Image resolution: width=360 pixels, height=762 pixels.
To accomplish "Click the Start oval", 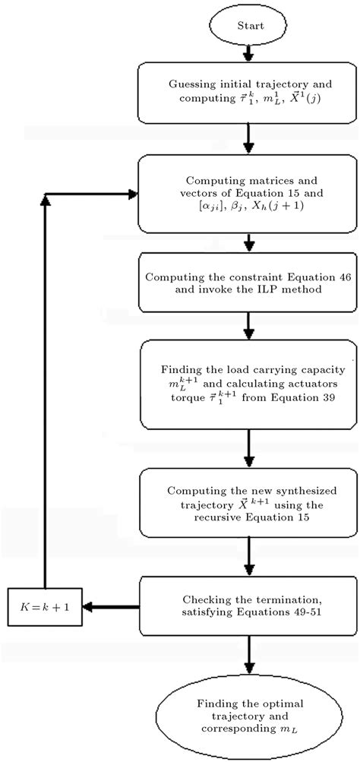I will point(250,26).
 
